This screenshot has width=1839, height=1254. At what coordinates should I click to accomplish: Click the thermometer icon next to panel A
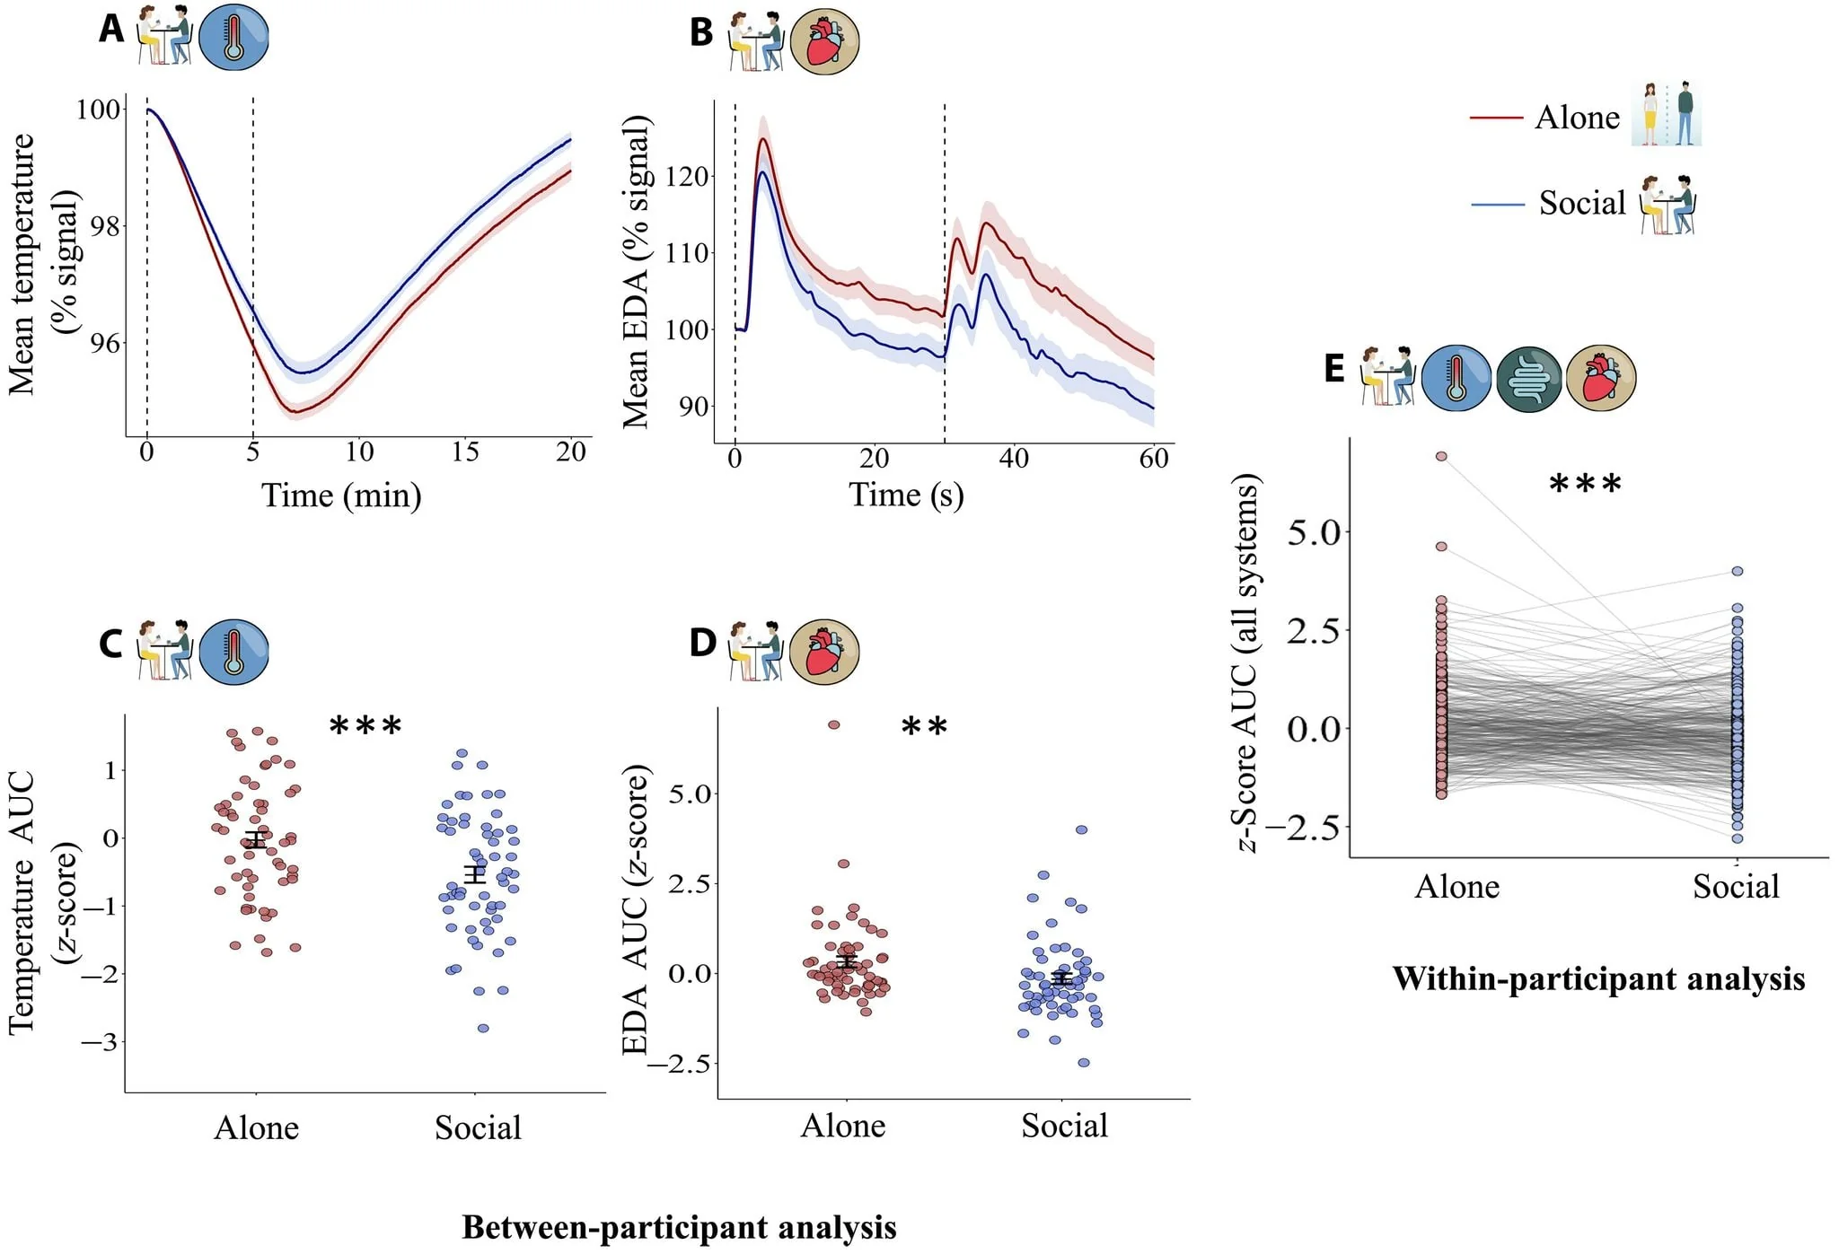pyautogui.click(x=233, y=37)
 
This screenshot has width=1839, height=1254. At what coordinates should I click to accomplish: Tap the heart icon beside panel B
pyautogui.click(x=824, y=41)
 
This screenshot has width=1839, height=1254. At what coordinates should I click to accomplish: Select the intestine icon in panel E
pyautogui.click(x=1529, y=379)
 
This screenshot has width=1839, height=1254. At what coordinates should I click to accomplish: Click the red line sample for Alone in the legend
pyautogui.click(x=1496, y=118)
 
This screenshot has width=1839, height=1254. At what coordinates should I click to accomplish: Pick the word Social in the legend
pyautogui.click(x=1582, y=203)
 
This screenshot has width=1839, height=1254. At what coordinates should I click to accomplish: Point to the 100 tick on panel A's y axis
pyautogui.click(x=98, y=110)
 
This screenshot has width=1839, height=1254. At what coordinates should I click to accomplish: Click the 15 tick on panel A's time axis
pyautogui.click(x=465, y=452)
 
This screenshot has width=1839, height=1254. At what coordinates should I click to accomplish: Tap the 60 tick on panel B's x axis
pyautogui.click(x=1154, y=459)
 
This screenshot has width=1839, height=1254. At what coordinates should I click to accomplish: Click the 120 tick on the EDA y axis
pyautogui.click(x=687, y=176)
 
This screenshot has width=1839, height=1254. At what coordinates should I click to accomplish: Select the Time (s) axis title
pyautogui.click(x=906, y=495)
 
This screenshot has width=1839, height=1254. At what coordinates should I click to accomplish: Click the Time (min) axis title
pyautogui.click(x=341, y=495)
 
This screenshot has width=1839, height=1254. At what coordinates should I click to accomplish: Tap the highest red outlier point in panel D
pyautogui.click(x=833, y=724)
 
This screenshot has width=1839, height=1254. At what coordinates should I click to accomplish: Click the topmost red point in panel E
pyautogui.click(x=1441, y=456)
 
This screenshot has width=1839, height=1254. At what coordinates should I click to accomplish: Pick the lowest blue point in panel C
pyautogui.click(x=483, y=1028)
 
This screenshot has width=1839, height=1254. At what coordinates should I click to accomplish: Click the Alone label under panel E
pyautogui.click(x=1456, y=887)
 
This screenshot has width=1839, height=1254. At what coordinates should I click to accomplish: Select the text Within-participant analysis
pyautogui.click(x=1598, y=978)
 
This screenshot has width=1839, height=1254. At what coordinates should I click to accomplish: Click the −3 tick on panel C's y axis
pyautogui.click(x=99, y=1042)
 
